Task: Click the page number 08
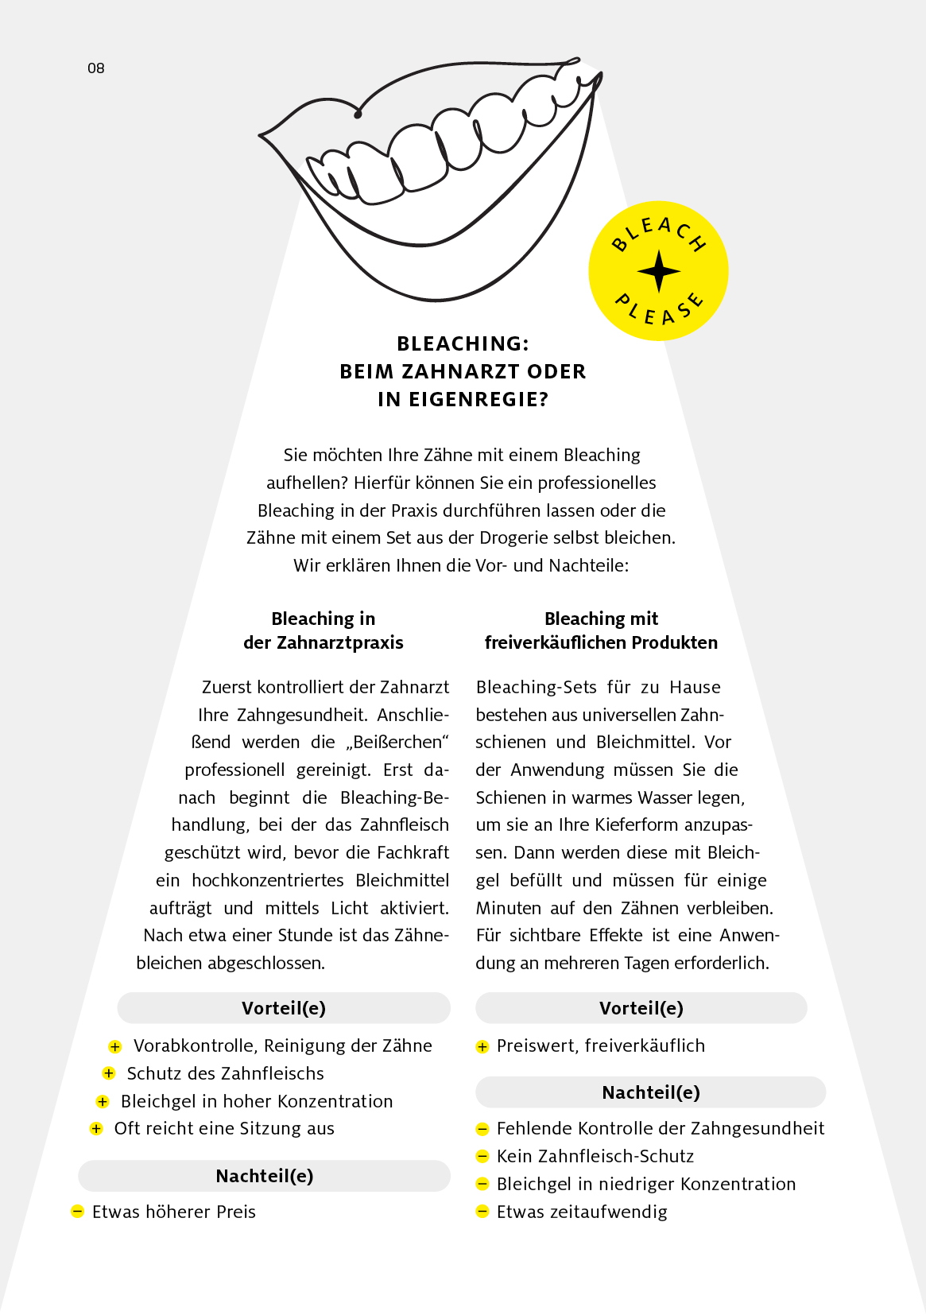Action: point(95,68)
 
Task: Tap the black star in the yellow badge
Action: point(659,271)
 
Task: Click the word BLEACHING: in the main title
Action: point(463,343)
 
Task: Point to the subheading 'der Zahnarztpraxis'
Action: point(323,642)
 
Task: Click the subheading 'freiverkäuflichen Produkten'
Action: point(601,642)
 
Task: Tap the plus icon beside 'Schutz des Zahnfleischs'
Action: point(109,1073)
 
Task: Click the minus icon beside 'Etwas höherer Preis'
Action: point(77,1212)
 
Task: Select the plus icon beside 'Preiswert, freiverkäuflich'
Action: point(482,1046)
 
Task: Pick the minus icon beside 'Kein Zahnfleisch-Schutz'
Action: point(482,1156)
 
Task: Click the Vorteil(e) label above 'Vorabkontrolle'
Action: point(284,1008)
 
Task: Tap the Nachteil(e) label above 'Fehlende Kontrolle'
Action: point(651,1092)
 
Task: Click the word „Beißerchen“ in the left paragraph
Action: point(397,742)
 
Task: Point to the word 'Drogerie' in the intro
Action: point(513,537)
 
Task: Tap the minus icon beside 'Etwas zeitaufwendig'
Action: point(482,1212)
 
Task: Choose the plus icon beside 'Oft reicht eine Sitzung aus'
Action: point(96,1128)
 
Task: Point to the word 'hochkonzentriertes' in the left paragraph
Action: point(268,880)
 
